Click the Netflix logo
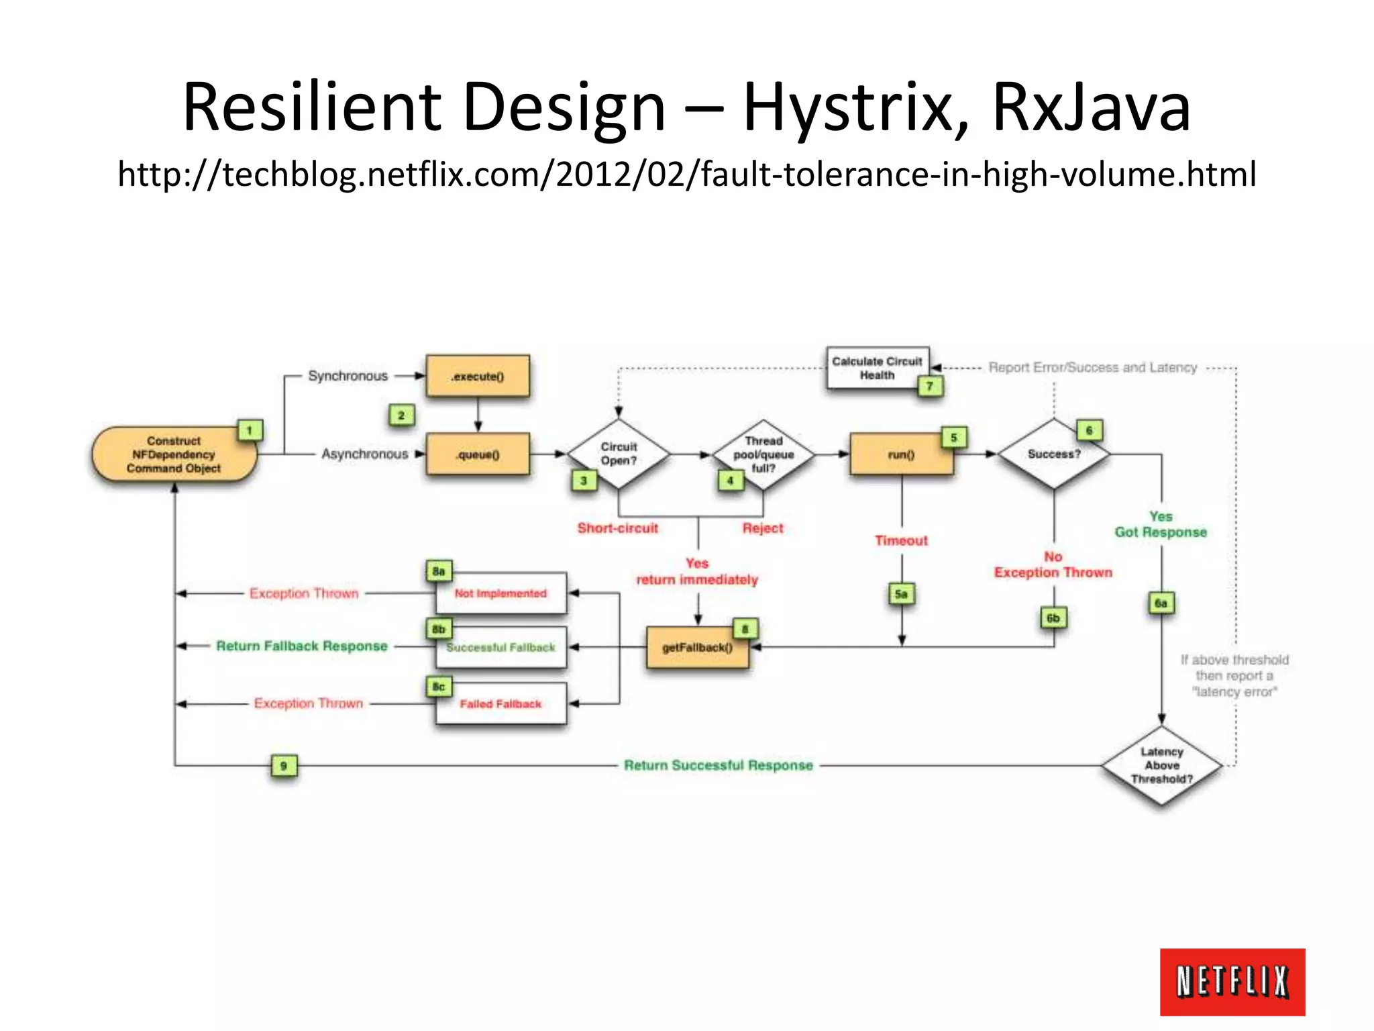[1232, 981]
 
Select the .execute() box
[478, 377]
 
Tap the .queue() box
[478, 454]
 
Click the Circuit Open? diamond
[619, 454]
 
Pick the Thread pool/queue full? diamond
[763, 454]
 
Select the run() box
[901, 454]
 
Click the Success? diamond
[1054, 454]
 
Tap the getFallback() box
[697, 648]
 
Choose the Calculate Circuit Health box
[877, 368]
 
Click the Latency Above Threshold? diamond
[1161, 765]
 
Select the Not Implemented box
[500, 593]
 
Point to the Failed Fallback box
[500, 703]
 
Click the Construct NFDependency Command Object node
[174, 454]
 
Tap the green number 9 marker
[284, 765]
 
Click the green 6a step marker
[1161, 603]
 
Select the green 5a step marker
[901, 594]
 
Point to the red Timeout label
[901, 540]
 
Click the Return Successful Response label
[718, 765]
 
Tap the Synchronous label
[348, 376]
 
